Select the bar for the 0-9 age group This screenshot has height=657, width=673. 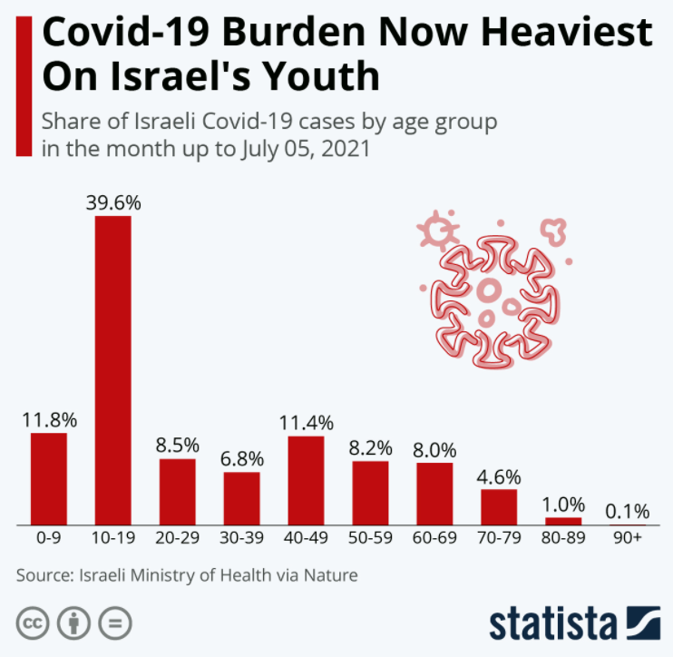tap(49, 478)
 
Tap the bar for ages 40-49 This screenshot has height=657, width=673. tap(307, 480)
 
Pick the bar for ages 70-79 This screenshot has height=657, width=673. tap(499, 506)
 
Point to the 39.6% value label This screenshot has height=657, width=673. tap(113, 202)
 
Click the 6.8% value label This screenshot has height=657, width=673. tap(242, 458)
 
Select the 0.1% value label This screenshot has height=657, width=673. tap(627, 511)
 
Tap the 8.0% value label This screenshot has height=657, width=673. tap(434, 449)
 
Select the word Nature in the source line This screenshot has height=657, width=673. tap(331, 574)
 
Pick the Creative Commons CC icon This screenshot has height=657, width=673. tap(32, 623)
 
